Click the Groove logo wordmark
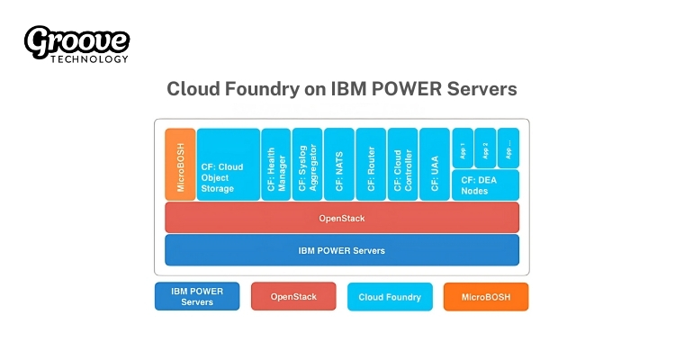(76, 40)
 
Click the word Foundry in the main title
(256, 89)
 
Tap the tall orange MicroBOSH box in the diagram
(180, 164)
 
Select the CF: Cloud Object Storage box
(228, 164)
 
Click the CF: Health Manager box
(275, 164)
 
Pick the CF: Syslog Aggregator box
(307, 164)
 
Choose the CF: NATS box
(339, 164)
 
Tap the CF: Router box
(371, 164)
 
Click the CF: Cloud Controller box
(402, 164)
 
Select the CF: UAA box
(434, 164)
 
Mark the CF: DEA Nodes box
(485, 184)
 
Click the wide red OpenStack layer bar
(342, 218)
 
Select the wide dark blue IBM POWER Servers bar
(342, 250)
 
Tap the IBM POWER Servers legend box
(197, 296)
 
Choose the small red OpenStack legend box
(293, 296)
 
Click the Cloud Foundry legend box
(390, 296)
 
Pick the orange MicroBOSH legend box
(486, 296)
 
